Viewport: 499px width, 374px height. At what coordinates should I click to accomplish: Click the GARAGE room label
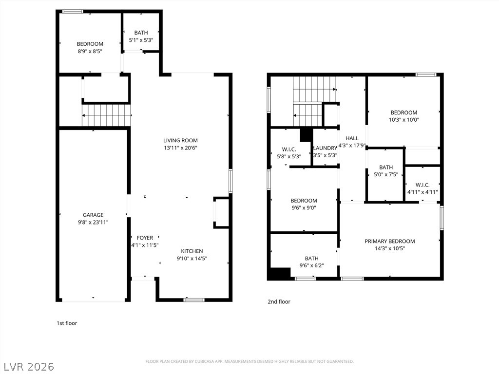pyautogui.click(x=93, y=215)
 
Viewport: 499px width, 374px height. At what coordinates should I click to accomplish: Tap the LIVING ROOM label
pyautogui.click(x=180, y=140)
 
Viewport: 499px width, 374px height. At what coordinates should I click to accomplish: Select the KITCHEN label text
pyautogui.click(x=192, y=251)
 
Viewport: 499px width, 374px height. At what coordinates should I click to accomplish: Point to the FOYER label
pyautogui.click(x=145, y=238)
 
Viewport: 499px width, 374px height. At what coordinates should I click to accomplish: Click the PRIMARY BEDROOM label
pyautogui.click(x=389, y=241)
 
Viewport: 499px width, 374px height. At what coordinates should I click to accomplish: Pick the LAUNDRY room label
pyautogui.click(x=325, y=148)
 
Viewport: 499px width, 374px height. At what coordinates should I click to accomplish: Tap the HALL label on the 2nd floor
pyautogui.click(x=352, y=138)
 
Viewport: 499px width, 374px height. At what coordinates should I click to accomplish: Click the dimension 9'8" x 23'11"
pyautogui.click(x=93, y=222)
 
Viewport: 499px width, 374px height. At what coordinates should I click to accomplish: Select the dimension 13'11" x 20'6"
pyautogui.click(x=180, y=148)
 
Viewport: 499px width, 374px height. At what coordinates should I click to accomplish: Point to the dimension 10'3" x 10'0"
pyautogui.click(x=404, y=120)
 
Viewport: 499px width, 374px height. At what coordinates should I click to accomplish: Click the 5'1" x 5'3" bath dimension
pyautogui.click(x=141, y=40)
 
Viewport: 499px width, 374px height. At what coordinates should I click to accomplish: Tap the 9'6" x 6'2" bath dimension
pyautogui.click(x=311, y=265)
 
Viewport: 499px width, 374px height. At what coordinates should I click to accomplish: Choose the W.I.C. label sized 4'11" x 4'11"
pyautogui.click(x=422, y=185)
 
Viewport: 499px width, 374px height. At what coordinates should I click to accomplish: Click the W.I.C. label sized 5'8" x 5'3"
pyautogui.click(x=289, y=149)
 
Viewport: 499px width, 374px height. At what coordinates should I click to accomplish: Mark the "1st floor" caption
pyautogui.click(x=67, y=323)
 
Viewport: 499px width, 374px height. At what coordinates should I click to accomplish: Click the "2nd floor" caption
pyautogui.click(x=279, y=301)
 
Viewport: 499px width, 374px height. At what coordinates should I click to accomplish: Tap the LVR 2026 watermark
pyautogui.click(x=27, y=366)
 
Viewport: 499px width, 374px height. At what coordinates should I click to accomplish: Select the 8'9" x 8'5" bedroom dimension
pyautogui.click(x=90, y=51)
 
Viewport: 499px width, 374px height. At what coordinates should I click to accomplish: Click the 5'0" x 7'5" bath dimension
pyautogui.click(x=386, y=174)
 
